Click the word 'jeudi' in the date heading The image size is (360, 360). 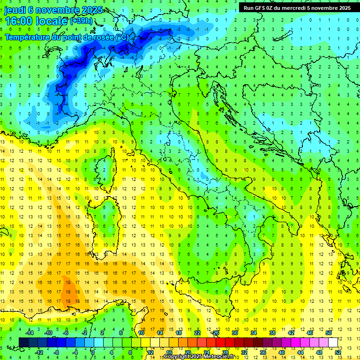click(15, 10)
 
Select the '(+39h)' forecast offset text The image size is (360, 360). click(81, 21)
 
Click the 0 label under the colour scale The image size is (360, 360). click(93, 352)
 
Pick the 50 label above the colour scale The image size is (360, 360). click(328, 333)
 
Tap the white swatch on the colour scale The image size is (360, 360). click(333, 342)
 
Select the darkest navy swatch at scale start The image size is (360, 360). click(23, 342)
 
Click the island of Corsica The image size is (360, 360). click(107, 167)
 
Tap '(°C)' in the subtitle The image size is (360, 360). click(122, 37)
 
